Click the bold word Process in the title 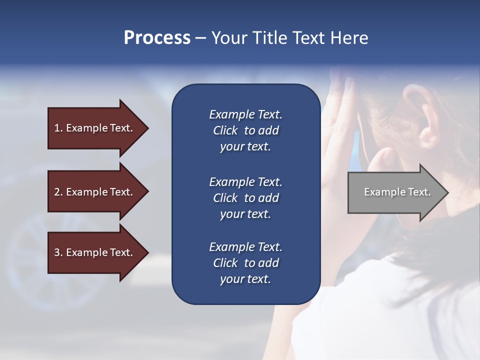click(x=157, y=38)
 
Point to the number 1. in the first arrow click(x=58, y=128)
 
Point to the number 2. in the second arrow click(x=58, y=192)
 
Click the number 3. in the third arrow click(x=58, y=252)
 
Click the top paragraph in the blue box click(x=245, y=130)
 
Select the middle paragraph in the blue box click(x=245, y=198)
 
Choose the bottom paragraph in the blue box click(x=245, y=263)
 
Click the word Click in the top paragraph click(x=225, y=130)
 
